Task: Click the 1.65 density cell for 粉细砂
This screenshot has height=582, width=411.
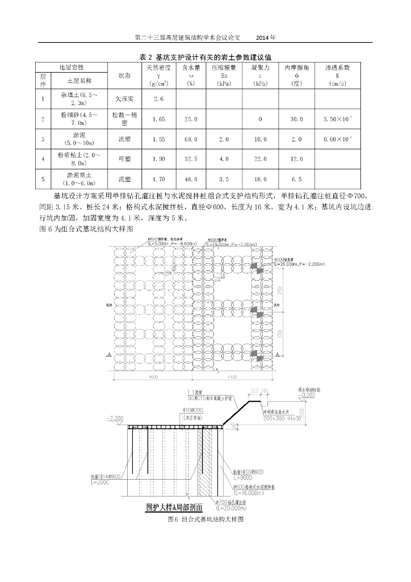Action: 159,119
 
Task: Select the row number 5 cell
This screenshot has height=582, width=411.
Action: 43,179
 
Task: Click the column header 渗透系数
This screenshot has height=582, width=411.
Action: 337,67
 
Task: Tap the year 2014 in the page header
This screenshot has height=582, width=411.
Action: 265,38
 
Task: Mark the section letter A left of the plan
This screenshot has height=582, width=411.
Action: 108,354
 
